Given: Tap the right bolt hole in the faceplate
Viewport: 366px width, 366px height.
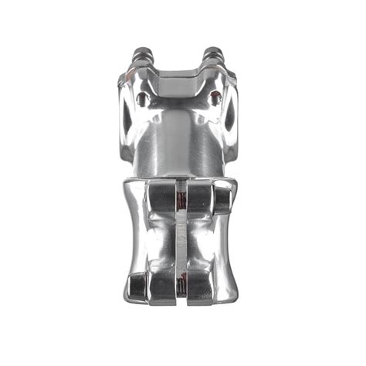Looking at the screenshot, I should (215, 97).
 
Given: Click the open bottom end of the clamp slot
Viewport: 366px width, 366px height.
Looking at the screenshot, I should (181, 296).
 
